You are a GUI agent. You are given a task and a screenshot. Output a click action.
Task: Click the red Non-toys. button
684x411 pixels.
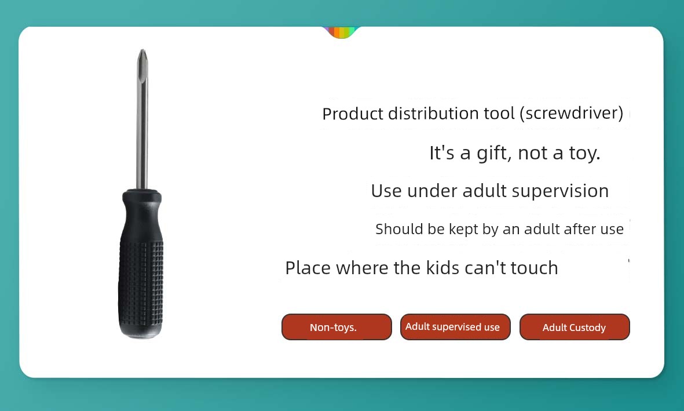pyautogui.click(x=336, y=327)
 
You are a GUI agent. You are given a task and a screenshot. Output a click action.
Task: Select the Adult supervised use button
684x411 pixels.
pyautogui.click(x=455, y=327)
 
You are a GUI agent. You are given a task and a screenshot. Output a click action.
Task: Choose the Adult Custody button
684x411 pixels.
pyautogui.click(x=575, y=327)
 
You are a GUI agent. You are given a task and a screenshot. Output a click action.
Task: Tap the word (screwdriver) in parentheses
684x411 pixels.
pyautogui.click(x=572, y=113)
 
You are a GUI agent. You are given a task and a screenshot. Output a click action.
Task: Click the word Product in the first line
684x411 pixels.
pyautogui.click(x=353, y=114)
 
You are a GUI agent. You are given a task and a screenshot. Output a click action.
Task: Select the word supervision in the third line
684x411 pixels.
pyautogui.click(x=560, y=191)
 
